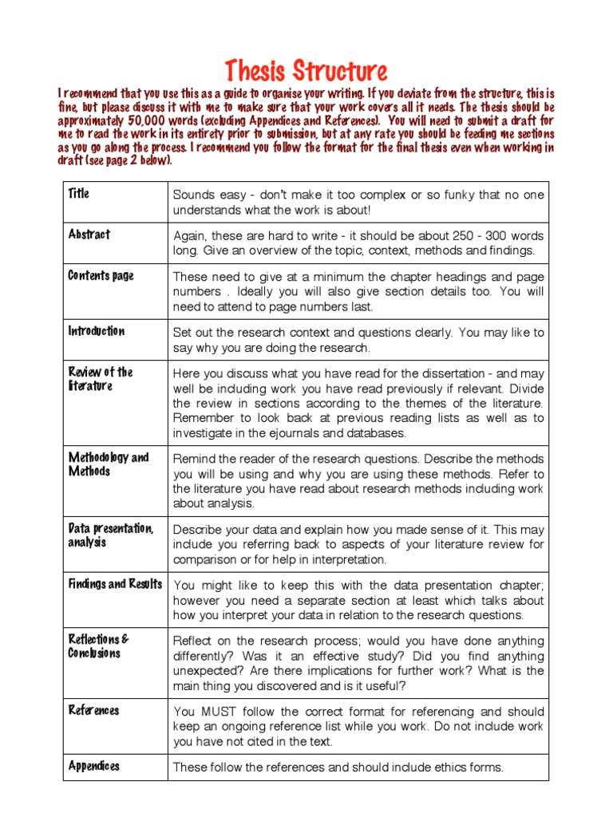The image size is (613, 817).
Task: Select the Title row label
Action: click(79, 194)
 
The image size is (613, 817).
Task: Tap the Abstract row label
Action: click(89, 235)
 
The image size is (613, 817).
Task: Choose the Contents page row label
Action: click(101, 276)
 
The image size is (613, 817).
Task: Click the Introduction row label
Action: click(97, 331)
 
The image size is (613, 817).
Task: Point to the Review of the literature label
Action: click(100, 379)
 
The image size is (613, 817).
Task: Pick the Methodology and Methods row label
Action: click(109, 464)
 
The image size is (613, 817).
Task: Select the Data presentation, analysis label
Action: click(111, 535)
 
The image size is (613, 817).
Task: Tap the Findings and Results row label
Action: click(115, 584)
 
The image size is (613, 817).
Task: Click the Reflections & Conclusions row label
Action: click(98, 646)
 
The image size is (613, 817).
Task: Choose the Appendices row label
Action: click(94, 766)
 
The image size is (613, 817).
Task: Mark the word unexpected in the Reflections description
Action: click(205, 671)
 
